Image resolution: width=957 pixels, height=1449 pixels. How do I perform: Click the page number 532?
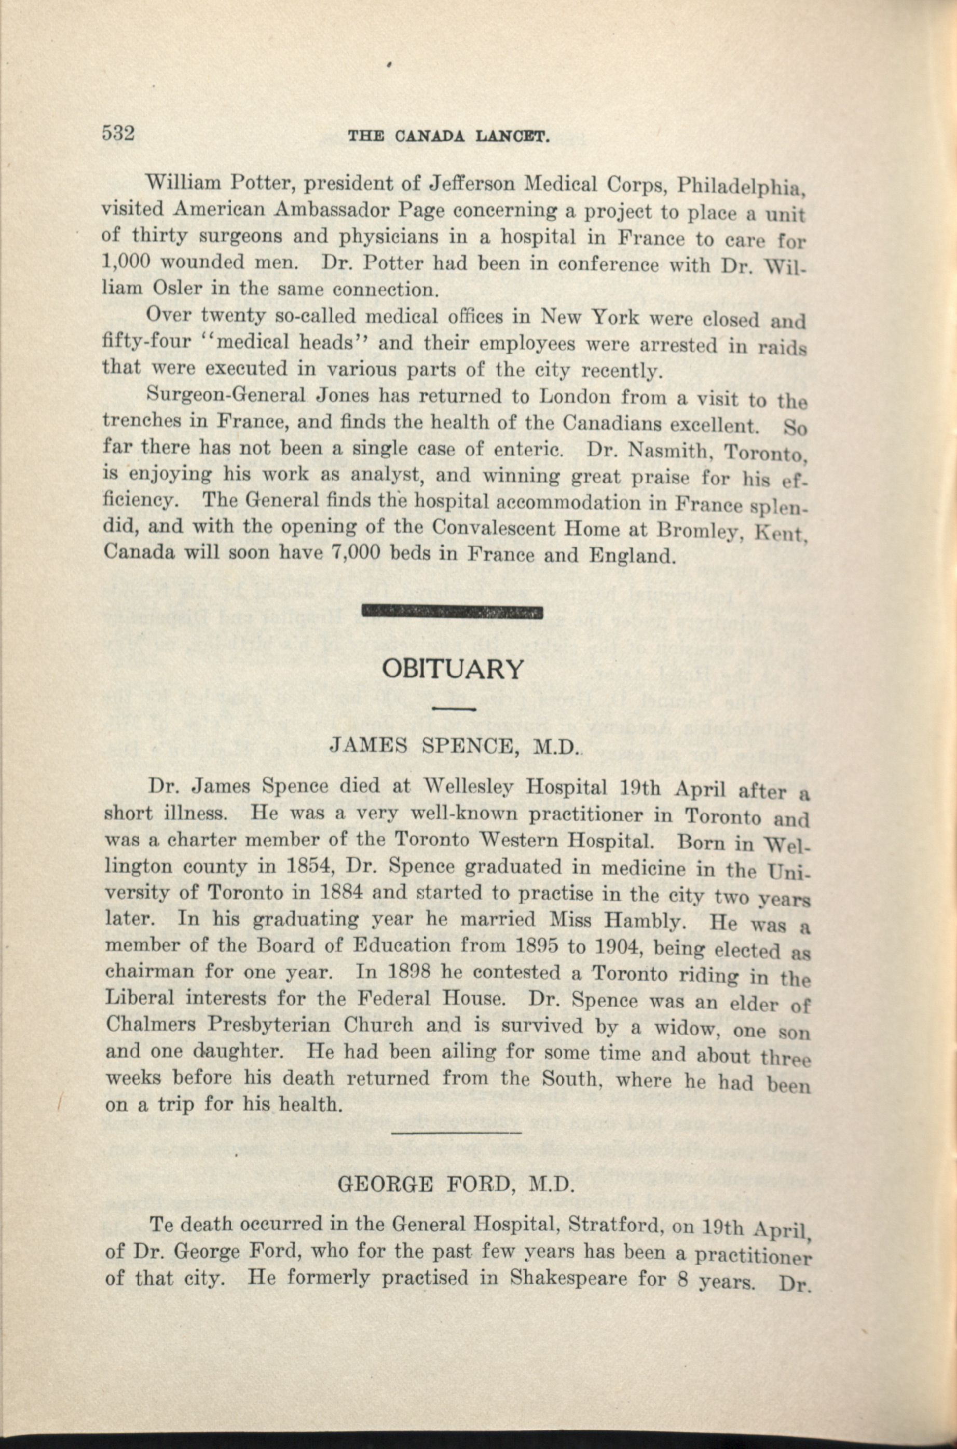118,132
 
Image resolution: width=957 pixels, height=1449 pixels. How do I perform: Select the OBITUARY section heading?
452,670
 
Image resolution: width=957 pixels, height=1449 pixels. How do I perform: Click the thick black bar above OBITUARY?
452,611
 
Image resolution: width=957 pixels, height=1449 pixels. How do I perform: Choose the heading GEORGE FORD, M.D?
456,1184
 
